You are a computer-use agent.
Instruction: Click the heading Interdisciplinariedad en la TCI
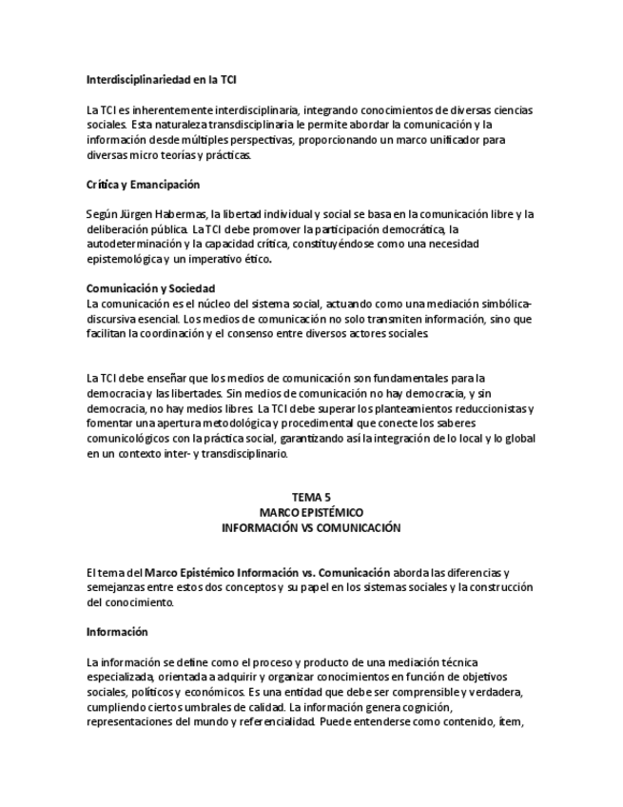click(x=168, y=79)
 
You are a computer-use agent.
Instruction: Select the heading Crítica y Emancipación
click(x=143, y=184)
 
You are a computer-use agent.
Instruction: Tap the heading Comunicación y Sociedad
click(x=151, y=288)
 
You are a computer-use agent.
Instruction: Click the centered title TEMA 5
click(x=311, y=498)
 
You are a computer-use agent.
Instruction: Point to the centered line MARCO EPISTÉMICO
click(x=311, y=512)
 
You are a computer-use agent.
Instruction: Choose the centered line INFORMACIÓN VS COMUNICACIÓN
click(x=311, y=527)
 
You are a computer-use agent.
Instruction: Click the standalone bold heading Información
click(x=117, y=631)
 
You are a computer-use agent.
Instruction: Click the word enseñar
click(x=174, y=379)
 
